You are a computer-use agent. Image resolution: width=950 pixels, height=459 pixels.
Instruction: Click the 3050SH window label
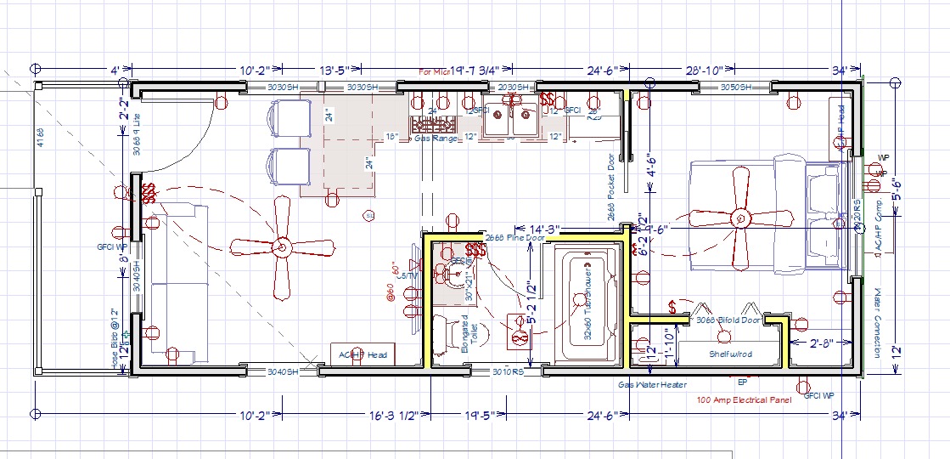pos(735,88)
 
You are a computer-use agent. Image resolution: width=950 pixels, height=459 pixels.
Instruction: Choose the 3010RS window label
pos(508,371)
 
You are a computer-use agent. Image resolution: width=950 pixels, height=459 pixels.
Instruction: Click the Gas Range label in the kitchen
pos(435,138)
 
